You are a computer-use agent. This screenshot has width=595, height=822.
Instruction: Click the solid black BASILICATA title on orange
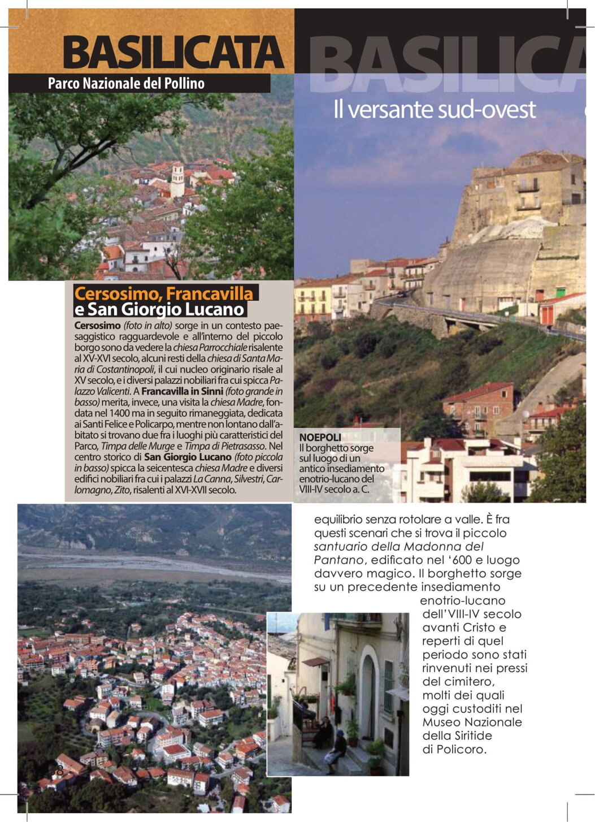(x=173, y=53)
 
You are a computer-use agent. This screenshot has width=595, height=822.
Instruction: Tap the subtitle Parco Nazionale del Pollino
(x=126, y=84)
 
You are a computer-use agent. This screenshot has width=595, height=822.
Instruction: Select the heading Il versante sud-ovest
(x=434, y=110)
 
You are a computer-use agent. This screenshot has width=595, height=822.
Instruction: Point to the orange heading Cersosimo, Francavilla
(x=164, y=293)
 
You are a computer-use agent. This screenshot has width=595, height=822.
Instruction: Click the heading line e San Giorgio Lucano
(x=159, y=309)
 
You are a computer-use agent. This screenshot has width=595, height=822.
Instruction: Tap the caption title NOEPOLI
(x=320, y=437)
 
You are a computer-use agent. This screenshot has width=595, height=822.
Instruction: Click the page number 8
(x=58, y=771)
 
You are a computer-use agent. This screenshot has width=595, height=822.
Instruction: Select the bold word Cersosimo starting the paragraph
(x=97, y=326)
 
